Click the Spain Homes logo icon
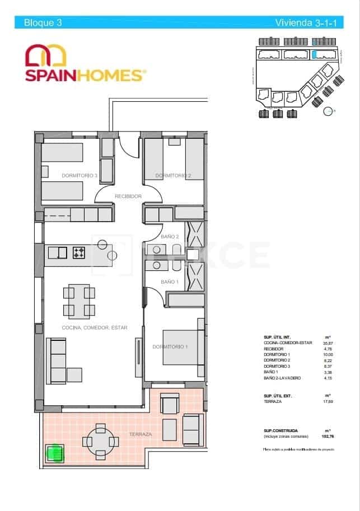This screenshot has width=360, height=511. [46, 57]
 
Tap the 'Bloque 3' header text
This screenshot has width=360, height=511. [43, 23]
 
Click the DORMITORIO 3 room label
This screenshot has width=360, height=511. [80, 176]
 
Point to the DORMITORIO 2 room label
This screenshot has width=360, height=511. [173, 176]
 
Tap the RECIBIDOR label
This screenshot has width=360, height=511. [128, 196]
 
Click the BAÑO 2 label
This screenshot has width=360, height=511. [170, 237]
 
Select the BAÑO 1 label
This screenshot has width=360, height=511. [170, 282]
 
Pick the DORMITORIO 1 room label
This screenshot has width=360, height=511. [170, 347]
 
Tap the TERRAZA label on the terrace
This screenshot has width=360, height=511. [140, 434]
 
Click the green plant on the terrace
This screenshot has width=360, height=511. [55, 452]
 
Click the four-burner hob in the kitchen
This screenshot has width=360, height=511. [78, 253]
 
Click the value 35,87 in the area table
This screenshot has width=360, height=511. [328, 342]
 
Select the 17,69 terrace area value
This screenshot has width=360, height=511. [328, 401]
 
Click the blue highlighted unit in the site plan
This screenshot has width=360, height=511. [315, 54]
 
